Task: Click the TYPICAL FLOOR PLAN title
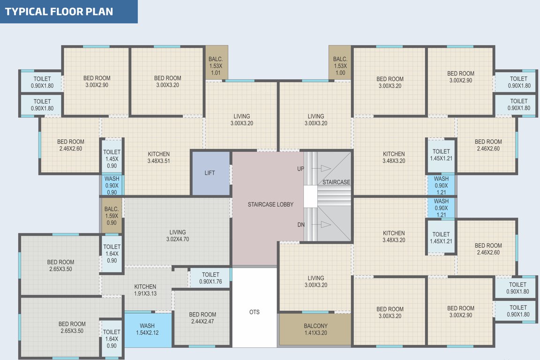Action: [x=59, y=11]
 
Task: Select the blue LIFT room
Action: [x=210, y=173]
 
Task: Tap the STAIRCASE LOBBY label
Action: [x=270, y=204]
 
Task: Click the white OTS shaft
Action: [x=255, y=312]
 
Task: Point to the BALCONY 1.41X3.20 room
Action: [x=315, y=330]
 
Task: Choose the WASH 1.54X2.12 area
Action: [x=147, y=330]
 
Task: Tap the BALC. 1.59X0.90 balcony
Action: [x=112, y=216]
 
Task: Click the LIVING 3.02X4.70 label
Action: [x=178, y=235]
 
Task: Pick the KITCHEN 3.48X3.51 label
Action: [x=159, y=157]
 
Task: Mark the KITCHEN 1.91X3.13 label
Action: [x=145, y=290]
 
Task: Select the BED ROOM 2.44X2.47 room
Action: [x=202, y=318]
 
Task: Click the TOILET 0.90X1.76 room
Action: [x=210, y=278]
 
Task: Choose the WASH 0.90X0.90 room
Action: [x=112, y=185]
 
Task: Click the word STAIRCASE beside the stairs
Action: [x=336, y=182]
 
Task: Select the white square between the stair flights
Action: [x=310, y=196]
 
